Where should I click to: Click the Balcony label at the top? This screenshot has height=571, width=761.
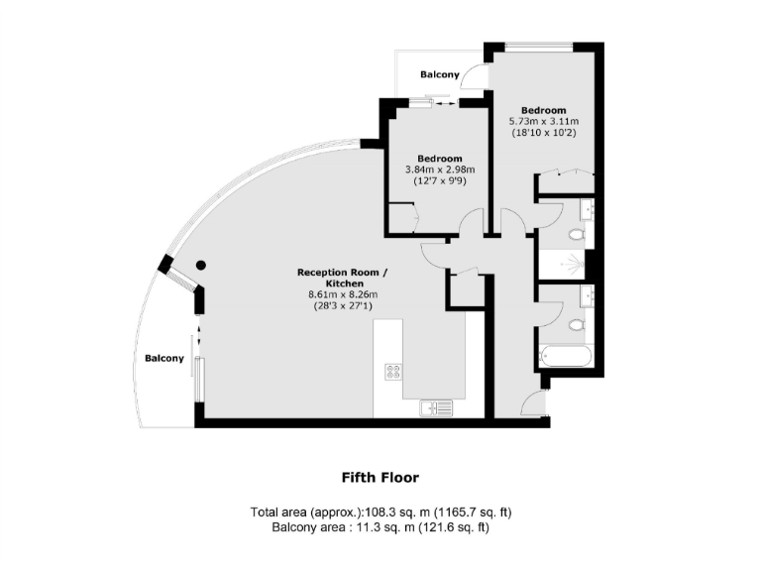click(439, 75)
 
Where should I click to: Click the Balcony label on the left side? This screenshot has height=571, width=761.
click(163, 358)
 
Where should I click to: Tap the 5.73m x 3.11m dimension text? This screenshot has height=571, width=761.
click(543, 121)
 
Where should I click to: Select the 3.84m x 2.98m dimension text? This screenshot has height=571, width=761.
click(439, 170)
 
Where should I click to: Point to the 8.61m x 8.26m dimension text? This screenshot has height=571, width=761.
click(343, 294)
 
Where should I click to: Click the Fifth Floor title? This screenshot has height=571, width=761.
click(380, 477)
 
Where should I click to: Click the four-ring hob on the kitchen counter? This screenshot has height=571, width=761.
click(393, 372)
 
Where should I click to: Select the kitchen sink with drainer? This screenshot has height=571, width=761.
click(436, 406)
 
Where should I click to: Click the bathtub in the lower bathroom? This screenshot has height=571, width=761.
click(565, 357)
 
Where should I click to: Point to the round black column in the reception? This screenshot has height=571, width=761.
click(200, 265)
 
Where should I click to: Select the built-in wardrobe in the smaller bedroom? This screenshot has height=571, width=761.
click(402, 218)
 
